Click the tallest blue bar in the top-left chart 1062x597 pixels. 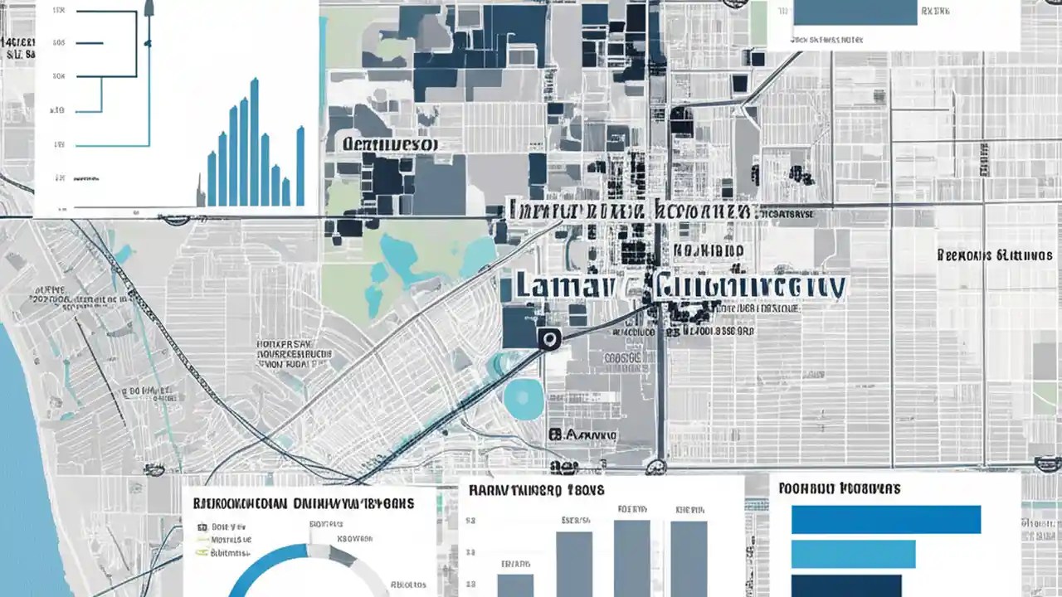click(x=254, y=142)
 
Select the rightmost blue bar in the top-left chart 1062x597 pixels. click(x=300, y=166)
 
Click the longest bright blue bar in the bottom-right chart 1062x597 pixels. click(x=886, y=519)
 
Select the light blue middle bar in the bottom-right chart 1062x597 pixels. click(x=854, y=553)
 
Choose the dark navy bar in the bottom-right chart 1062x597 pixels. click(x=846, y=585)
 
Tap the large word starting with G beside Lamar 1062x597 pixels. click(x=751, y=286)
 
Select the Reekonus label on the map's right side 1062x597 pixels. click(x=994, y=255)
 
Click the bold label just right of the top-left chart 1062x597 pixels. click(x=390, y=144)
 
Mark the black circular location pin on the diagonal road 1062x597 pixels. click(x=548, y=337)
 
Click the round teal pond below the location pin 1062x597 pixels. click(x=524, y=400)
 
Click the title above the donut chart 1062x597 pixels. click(x=304, y=502)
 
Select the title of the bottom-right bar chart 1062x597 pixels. click(x=840, y=488)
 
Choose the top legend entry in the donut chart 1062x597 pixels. click(x=224, y=526)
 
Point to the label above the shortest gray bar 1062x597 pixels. click(x=514, y=564)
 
